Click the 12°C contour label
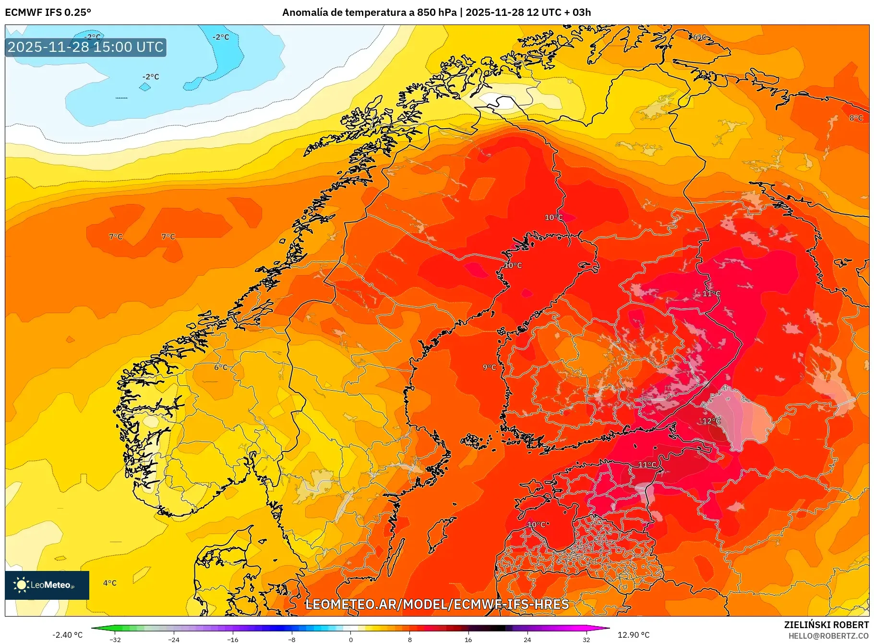711,421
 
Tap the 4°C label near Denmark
109,583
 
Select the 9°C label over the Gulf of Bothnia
489,367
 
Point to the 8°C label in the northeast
856,118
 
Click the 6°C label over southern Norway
221,367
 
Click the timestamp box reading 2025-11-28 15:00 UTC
85,47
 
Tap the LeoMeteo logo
47,585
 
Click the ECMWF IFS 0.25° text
48,12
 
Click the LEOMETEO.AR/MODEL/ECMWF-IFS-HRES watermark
437,605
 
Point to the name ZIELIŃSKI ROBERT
826,625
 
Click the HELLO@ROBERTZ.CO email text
828,636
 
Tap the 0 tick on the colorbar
351,640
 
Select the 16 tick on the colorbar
468,640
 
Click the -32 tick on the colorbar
115,640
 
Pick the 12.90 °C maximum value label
633,635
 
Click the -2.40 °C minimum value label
68,635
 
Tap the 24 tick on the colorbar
527,640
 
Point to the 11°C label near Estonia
647,465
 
